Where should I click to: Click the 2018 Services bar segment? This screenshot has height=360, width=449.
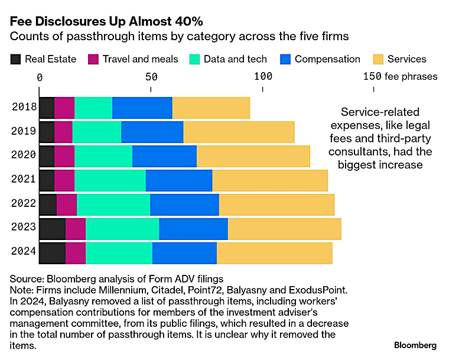tap(212, 108)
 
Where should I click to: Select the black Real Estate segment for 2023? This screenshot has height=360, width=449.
tap(53, 229)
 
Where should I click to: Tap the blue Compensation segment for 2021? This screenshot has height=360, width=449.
tap(179, 180)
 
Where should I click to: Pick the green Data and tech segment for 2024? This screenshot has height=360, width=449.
tap(119, 254)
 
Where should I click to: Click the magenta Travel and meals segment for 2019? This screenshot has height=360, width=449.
tap(63, 132)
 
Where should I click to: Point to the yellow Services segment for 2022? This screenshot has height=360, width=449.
tap(277, 205)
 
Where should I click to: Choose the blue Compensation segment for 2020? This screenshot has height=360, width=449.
tap(165, 157)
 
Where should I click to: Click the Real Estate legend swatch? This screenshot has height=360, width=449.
tap(15, 59)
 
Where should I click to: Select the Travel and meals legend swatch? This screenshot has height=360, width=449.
tap(93, 59)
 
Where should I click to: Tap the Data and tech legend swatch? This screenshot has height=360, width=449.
tap(194, 59)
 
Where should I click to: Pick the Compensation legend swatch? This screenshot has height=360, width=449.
tap(285, 59)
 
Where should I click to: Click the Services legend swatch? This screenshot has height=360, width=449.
tap(378, 59)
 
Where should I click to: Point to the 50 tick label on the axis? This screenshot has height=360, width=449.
tap(151, 77)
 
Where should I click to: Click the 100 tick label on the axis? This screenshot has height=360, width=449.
tap(263, 76)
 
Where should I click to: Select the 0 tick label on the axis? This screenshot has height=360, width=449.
tap(40, 77)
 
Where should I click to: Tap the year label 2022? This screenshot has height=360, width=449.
tap(24, 203)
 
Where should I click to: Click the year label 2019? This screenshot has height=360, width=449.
tap(24, 131)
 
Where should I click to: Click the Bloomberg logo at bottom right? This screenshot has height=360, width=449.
tap(415, 345)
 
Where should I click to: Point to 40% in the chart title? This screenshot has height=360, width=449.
tap(189, 21)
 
